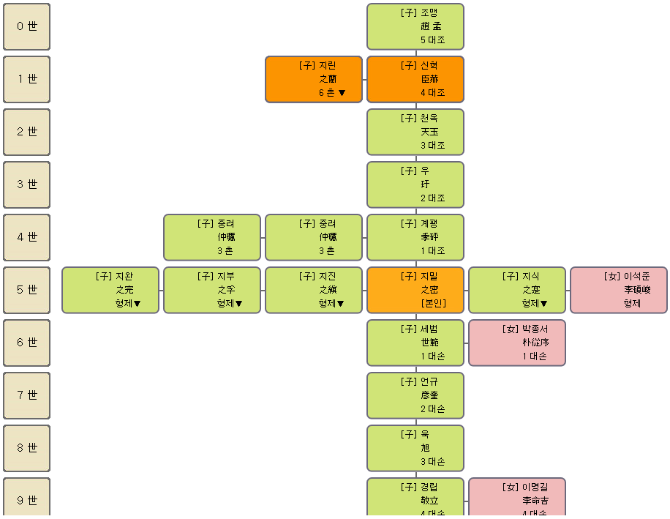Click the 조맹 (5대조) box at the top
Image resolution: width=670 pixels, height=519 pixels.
[x=415, y=26]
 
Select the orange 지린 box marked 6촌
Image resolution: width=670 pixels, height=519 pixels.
[x=314, y=79]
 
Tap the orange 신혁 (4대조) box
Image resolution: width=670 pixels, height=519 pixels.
[x=415, y=79]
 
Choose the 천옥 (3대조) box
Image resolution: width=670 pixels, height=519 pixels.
[x=415, y=132]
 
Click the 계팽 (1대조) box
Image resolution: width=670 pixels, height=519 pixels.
[x=415, y=237]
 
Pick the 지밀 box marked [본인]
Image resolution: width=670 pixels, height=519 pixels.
[x=415, y=290]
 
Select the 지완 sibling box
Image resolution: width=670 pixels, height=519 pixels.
[x=110, y=290]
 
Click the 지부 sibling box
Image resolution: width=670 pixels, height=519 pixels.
[x=212, y=290]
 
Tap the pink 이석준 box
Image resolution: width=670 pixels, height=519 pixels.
[x=619, y=290]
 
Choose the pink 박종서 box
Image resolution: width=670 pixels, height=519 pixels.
[x=517, y=343]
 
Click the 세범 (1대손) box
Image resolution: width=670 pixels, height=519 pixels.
[x=415, y=343]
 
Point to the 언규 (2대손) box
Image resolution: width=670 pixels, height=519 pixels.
[x=415, y=395]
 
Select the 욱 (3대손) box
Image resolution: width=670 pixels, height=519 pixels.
[x=415, y=448]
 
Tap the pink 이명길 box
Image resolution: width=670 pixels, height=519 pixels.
[x=517, y=498]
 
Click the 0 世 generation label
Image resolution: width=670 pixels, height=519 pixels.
[x=27, y=26]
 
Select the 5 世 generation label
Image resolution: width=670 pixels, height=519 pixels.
[x=27, y=290]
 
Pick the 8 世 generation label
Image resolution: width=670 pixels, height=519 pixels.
[x=27, y=448]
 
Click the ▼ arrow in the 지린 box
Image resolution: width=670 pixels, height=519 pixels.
[x=342, y=93]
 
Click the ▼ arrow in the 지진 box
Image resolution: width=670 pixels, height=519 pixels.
[x=341, y=304]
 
